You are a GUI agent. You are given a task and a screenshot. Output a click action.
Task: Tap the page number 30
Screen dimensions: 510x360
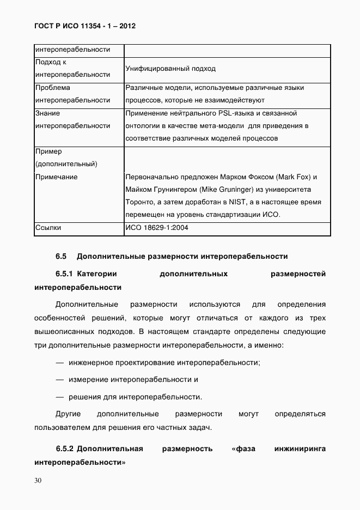pos(38,480)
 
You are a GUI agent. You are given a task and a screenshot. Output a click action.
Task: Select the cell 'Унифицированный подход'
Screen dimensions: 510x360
pos(170,69)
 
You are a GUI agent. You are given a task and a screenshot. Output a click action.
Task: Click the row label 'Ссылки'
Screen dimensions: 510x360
pos(48,228)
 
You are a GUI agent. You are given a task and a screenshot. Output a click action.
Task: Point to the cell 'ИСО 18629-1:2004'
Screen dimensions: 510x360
pos(157,228)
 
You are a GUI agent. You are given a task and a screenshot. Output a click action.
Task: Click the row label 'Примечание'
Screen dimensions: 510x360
pos(56,177)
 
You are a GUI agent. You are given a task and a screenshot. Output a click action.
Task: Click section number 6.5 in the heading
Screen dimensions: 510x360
pos(60,256)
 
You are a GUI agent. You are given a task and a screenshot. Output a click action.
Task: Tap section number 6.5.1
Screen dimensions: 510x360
pos(64,274)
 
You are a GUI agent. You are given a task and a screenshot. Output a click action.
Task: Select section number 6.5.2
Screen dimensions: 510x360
pos(64,449)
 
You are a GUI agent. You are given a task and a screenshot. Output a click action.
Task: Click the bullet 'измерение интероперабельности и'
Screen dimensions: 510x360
pos(133,379)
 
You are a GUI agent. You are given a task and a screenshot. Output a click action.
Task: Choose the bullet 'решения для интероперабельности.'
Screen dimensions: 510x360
pos(136,397)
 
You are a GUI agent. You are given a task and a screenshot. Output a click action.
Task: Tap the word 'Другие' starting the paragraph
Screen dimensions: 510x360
pos(69,414)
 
